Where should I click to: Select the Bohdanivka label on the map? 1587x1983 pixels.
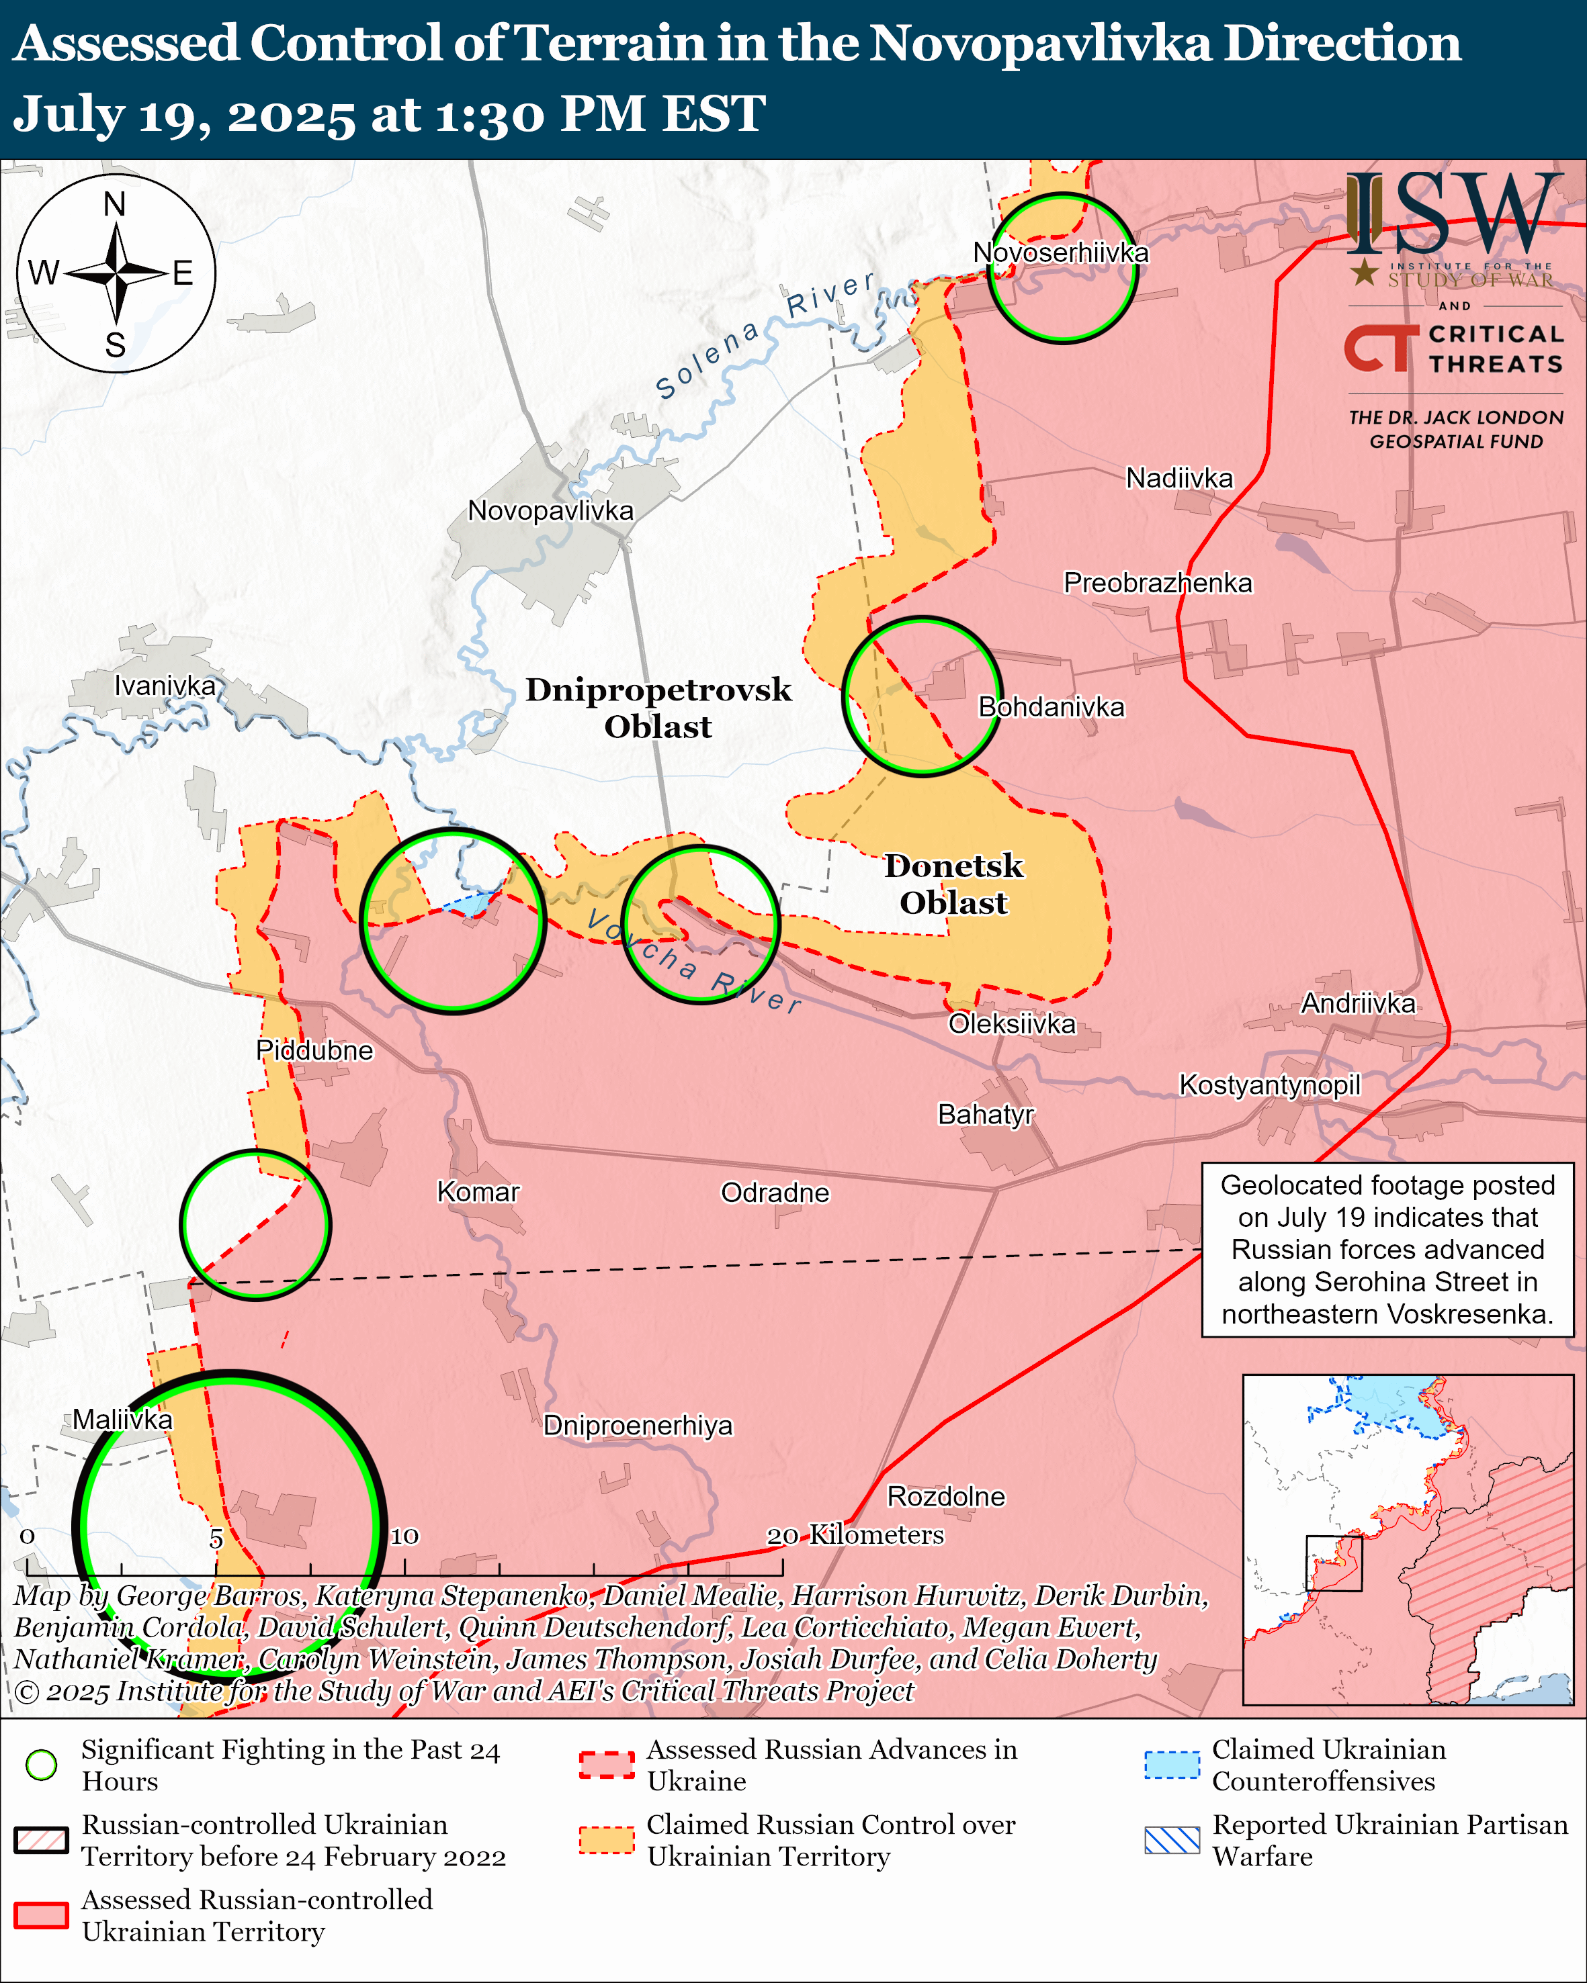[x=1051, y=706]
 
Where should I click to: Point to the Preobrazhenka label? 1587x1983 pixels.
[x=1158, y=583]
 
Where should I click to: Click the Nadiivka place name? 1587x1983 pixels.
[x=1178, y=478]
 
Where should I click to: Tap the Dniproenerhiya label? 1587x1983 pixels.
[x=638, y=1426]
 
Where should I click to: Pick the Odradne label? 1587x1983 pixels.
[x=775, y=1193]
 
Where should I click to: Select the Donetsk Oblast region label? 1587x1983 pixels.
[x=953, y=884]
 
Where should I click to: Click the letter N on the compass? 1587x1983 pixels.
[x=115, y=204]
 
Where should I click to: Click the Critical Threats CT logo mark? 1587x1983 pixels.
[x=1381, y=348]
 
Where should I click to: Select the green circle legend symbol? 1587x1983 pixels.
[x=42, y=1764]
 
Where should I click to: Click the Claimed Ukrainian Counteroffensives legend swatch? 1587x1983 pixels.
[x=1171, y=1765]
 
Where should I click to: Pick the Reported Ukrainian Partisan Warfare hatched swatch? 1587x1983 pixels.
[x=1171, y=1841]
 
